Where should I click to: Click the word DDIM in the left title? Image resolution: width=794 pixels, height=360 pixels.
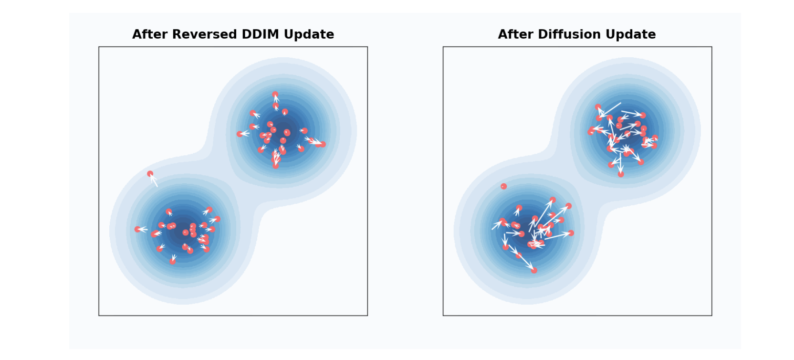pyautogui.click(x=262, y=34)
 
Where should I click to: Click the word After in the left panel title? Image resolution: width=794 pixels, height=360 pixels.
pyautogui.click(x=150, y=34)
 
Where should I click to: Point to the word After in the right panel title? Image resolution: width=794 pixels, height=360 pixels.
pyautogui.click(x=516, y=34)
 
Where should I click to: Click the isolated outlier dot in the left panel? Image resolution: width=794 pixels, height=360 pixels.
pyautogui.click(x=150, y=174)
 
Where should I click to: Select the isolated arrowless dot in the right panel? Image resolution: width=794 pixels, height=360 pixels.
pyautogui.click(x=503, y=186)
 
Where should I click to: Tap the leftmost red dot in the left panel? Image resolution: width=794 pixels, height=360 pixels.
pyautogui.click(x=137, y=229)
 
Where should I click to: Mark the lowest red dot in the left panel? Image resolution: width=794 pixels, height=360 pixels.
pyautogui.click(x=172, y=262)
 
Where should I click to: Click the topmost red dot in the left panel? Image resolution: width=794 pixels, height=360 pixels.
pyautogui.click(x=275, y=95)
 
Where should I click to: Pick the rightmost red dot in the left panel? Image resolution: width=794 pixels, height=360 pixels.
pyautogui.click(x=323, y=144)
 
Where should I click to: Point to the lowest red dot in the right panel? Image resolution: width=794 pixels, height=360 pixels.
pyautogui.click(x=534, y=270)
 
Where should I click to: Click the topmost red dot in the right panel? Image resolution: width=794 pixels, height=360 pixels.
pyautogui.click(x=598, y=107)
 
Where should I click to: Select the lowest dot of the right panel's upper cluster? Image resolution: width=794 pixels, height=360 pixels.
pyautogui.click(x=621, y=174)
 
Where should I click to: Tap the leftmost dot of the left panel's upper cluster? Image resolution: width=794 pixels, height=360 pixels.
pyautogui.click(x=240, y=134)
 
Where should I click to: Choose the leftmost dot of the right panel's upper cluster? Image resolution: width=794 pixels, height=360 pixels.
pyautogui.click(x=591, y=132)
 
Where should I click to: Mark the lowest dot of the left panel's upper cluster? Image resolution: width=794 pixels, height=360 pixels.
pyautogui.click(x=275, y=166)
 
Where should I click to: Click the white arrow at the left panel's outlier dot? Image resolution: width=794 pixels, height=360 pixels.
pyautogui.click(x=154, y=180)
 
